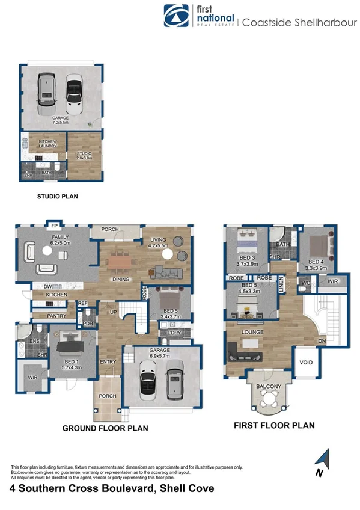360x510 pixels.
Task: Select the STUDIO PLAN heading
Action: pyautogui.click(x=58, y=196)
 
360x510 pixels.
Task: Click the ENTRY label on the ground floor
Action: pyautogui.click(x=108, y=362)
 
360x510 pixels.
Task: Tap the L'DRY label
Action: pyautogui.click(x=175, y=333)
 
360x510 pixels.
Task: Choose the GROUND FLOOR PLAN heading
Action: pyautogui.click(x=105, y=429)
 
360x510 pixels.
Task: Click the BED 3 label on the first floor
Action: pyautogui.click(x=246, y=260)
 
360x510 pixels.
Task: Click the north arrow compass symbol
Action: pyautogui.click(x=323, y=463)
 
